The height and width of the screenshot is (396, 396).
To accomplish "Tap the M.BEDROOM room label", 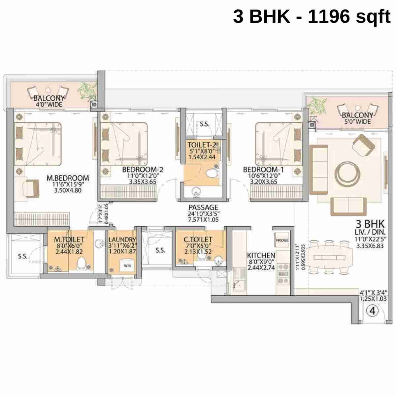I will pos(68,178).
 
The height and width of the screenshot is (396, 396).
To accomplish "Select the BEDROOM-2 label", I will pos(143,170).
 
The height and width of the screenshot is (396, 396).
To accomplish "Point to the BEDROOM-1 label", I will pos(263,170).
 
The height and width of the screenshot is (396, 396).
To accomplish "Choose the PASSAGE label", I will pos(203,208).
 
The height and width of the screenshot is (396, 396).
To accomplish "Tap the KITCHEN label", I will pos(261,255).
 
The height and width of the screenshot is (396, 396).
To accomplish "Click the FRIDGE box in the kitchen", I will pos(282,240).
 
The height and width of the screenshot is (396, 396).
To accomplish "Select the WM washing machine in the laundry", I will pos(127,266).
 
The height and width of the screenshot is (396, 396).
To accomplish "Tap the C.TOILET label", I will pos(198,239).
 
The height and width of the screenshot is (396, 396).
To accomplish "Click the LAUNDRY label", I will pos(122,240).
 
